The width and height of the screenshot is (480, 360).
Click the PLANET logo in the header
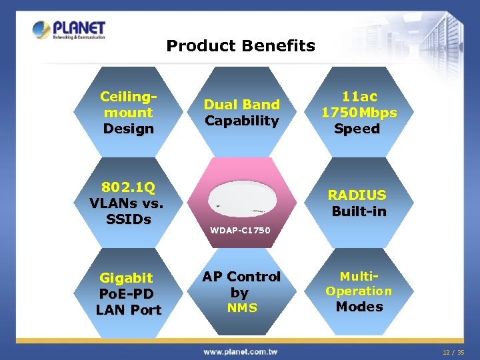tap(69, 30)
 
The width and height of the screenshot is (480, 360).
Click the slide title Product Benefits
tap(240, 46)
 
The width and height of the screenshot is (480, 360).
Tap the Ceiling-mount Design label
tap(128, 113)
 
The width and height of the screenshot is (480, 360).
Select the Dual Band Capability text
tap(241, 113)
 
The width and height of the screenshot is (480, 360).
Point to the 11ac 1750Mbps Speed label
tap(358, 113)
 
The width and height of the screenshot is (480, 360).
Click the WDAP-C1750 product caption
tap(241, 231)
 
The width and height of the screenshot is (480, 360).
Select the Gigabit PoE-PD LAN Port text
tap(128, 294)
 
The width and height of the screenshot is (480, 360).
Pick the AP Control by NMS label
tap(241, 292)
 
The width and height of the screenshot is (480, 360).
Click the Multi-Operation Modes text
tap(359, 291)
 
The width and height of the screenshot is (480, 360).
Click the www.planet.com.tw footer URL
tap(240, 351)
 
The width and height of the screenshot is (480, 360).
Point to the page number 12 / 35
tap(453, 351)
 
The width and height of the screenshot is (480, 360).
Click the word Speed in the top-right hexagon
tap(358, 129)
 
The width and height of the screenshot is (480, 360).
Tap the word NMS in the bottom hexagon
tap(241, 308)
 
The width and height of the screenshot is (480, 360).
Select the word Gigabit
tap(127, 278)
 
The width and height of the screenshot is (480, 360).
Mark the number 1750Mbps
tap(359, 113)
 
